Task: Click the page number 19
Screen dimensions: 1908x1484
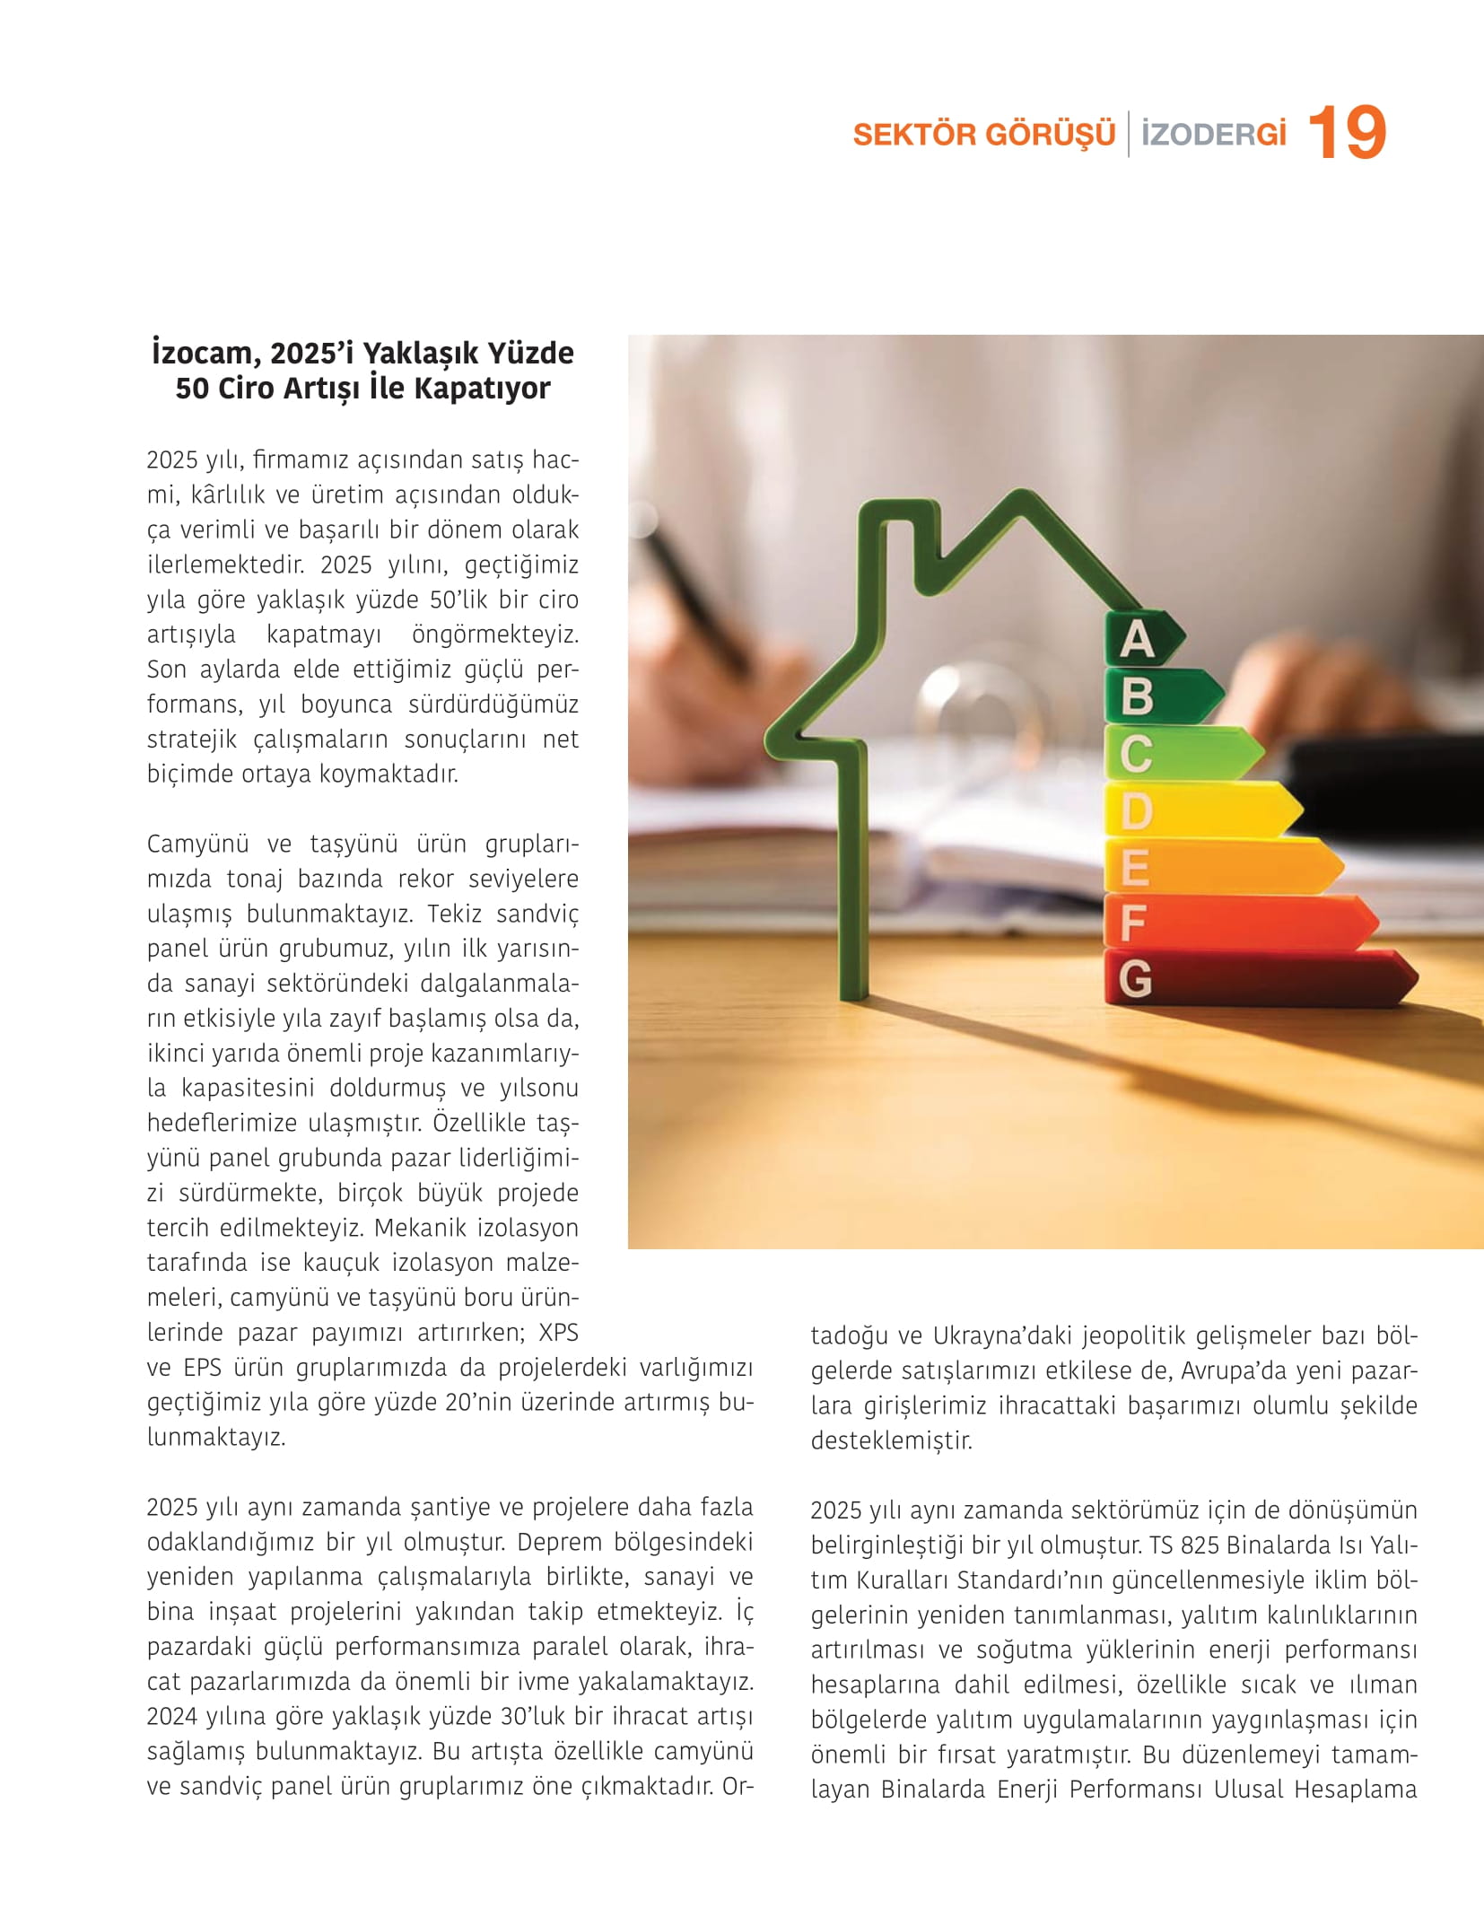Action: [x=1347, y=133]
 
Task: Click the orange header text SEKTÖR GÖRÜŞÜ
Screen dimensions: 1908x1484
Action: [x=983, y=135]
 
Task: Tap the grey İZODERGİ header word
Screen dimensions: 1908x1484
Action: [x=1213, y=135]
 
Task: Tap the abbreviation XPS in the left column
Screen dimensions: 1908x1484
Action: [x=558, y=1333]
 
